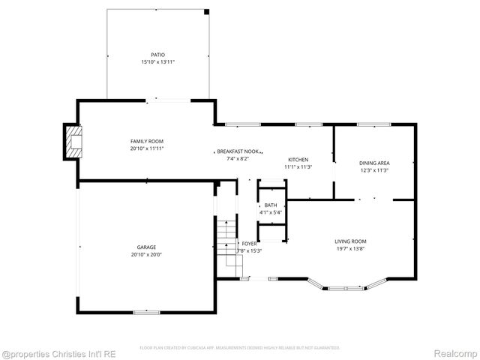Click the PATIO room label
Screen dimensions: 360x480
157,55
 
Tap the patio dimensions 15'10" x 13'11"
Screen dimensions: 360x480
157,62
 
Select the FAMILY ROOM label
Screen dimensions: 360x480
147,141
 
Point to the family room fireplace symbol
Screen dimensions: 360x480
73,141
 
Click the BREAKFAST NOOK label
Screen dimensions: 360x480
238,151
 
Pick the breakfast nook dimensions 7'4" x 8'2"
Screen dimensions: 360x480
238,158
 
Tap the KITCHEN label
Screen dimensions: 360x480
298,160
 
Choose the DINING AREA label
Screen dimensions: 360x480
374,163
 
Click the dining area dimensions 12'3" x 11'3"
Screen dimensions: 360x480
374,170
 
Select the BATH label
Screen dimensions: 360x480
271,205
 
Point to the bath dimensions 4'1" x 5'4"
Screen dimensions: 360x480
271,212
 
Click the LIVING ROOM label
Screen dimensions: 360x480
350,241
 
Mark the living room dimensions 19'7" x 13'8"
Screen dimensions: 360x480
350,248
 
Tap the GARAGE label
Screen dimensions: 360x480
146,247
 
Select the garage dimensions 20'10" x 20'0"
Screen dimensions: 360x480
146,254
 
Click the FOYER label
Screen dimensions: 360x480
249,244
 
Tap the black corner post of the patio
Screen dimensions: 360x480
207,11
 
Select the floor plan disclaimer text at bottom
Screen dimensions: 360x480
240,348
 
